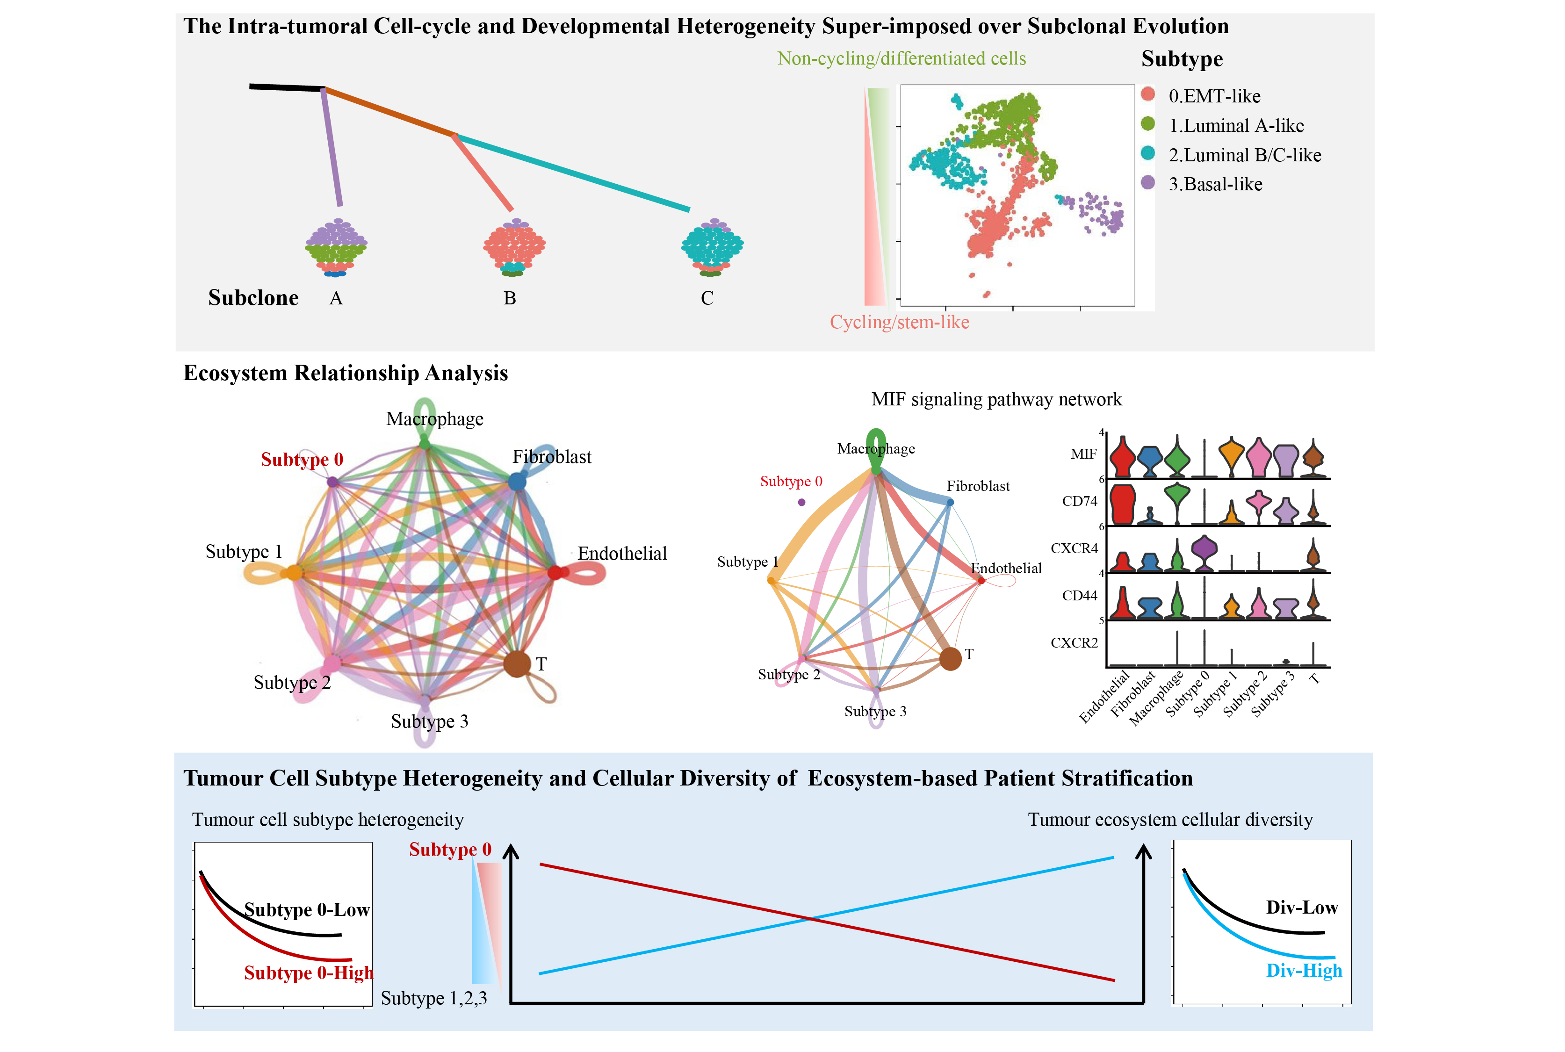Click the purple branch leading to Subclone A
coord(332,148)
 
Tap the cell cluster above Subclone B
coord(514,246)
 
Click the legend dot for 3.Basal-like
coord(1148,182)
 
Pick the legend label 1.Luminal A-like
coord(1236,125)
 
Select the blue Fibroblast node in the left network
coord(517,481)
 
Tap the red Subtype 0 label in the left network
coord(302,460)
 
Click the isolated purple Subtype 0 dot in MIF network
coord(801,502)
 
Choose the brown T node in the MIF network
coord(950,659)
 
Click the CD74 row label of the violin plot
coord(1079,501)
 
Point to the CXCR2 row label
coord(1074,643)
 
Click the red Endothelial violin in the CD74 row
coord(1122,504)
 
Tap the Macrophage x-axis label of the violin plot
coord(1156,698)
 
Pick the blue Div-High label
coord(1303,970)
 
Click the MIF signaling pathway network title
coord(996,400)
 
